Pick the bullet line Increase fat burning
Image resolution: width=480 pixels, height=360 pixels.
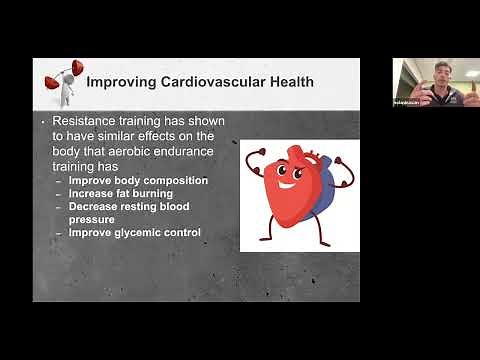pos(123,193)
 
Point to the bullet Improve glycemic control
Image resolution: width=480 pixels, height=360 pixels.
pos(135,232)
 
